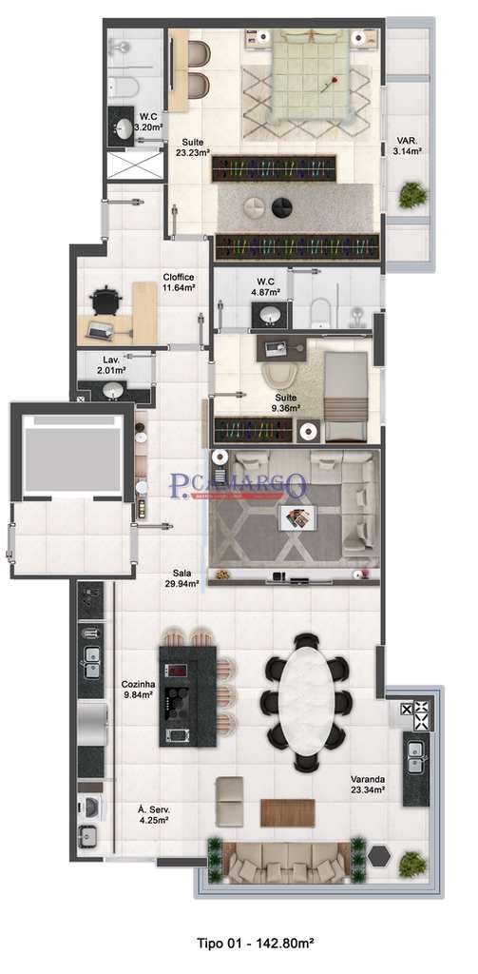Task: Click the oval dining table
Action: pos(306,702)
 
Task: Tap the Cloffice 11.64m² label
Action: pos(179,282)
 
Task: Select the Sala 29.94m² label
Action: pos(185,579)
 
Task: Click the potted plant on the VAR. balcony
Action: pos(412,195)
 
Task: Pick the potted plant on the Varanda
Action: pos(412,864)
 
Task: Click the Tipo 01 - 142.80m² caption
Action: pos(255,944)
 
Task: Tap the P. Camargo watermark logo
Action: pos(239,486)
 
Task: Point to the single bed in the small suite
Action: pos(344,396)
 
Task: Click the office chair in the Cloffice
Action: pos(106,300)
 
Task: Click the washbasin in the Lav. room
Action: pos(113,390)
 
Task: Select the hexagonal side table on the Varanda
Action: pos(381,854)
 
